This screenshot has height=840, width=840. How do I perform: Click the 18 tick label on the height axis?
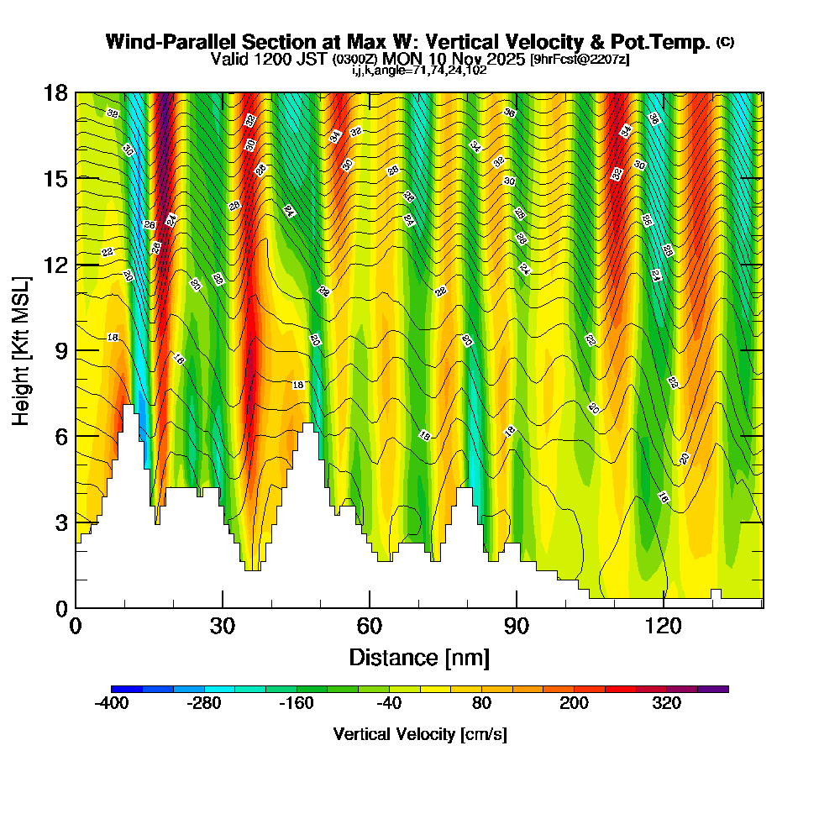[55, 92]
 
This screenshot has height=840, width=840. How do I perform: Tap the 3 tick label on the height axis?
[60, 522]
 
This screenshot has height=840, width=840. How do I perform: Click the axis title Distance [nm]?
[419, 657]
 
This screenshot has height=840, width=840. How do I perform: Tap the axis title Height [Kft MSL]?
[22, 349]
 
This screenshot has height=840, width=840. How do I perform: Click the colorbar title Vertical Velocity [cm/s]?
[420, 734]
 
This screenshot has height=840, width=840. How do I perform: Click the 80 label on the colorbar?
[481, 704]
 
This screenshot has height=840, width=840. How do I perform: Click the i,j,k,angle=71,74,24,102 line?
[419, 71]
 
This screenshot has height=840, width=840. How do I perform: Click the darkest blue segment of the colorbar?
[126, 689]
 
